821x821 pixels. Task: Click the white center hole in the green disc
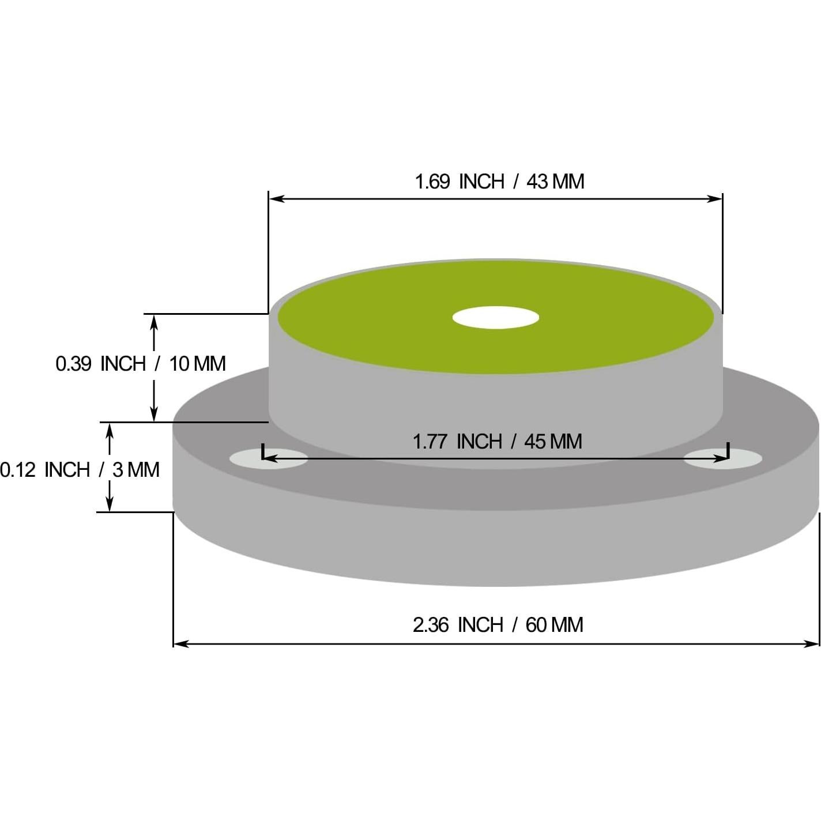pos(495,318)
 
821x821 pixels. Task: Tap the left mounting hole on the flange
pos(269,459)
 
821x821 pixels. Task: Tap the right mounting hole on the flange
pos(723,459)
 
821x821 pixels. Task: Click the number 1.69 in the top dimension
pos(432,182)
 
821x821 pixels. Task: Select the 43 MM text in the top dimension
pos(555,182)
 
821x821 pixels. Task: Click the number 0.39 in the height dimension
pos(73,364)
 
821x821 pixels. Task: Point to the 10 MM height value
pos(197,364)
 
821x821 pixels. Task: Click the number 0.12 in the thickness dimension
pos(17,470)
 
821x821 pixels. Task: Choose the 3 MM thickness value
pos(136,470)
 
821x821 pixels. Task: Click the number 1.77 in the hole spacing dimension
pos(430,442)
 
